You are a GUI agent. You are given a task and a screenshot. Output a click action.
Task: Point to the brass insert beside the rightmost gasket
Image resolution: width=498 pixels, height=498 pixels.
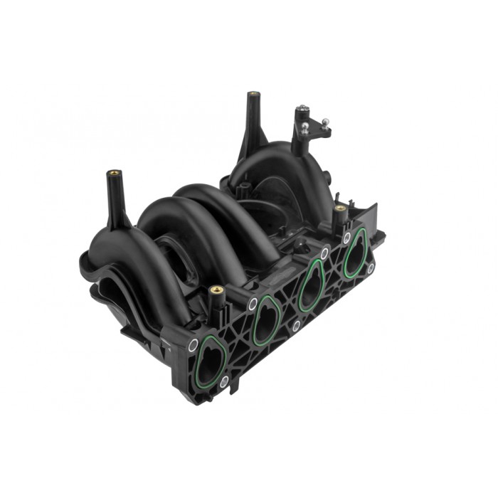(x=340, y=209)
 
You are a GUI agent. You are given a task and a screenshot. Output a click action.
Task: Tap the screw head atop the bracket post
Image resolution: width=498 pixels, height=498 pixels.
(x=301, y=110)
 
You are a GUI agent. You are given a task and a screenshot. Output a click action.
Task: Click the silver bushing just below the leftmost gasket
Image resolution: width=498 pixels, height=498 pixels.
(x=224, y=383)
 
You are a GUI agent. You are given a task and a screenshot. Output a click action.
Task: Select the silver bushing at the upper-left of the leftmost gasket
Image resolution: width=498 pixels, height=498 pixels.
(x=193, y=345)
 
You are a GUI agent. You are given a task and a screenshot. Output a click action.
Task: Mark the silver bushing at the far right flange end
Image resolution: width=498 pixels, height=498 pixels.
(x=371, y=267)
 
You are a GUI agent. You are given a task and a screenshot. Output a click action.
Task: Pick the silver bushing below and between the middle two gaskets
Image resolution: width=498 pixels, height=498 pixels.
(x=297, y=326)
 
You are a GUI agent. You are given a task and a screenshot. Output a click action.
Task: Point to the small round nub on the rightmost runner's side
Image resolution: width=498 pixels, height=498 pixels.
(x=329, y=174)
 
